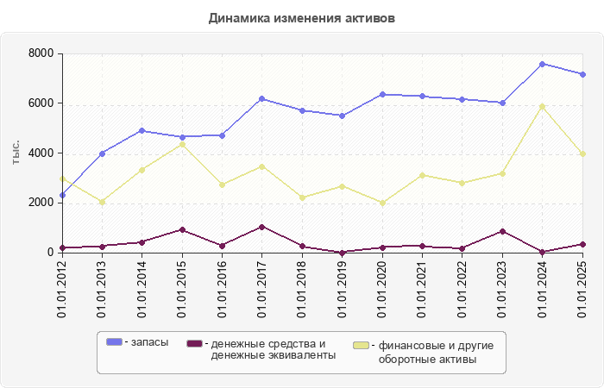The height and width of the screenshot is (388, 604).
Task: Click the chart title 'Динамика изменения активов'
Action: [302, 18]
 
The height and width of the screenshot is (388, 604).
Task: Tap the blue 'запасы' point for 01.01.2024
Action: [542, 64]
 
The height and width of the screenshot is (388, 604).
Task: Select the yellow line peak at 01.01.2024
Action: [542, 106]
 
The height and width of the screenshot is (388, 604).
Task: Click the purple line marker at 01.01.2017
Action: [261, 227]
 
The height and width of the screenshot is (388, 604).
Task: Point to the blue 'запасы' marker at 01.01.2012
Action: [62, 196]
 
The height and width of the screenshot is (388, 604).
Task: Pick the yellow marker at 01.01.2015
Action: [182, 144]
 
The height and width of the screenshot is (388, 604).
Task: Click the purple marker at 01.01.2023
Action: [502, 231]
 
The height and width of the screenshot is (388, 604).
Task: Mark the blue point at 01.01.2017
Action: [261, 98]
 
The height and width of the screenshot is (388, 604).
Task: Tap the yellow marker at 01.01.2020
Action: [382, 203]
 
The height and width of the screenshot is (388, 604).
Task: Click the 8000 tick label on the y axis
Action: [41, 53]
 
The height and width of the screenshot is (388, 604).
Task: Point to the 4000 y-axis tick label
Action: [41, 153]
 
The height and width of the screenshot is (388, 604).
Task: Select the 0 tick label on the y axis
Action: [51, 253]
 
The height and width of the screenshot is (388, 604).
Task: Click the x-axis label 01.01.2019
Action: [343, 290]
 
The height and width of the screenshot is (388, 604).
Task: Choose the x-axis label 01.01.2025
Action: [582, 290]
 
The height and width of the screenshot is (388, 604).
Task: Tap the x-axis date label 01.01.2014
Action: [142, 290]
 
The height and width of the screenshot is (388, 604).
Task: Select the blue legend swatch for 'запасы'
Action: [114, 343]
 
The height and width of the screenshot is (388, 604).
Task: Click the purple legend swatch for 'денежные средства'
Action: [194, 343]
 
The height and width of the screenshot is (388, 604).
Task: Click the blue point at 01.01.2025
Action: [582, 74]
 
